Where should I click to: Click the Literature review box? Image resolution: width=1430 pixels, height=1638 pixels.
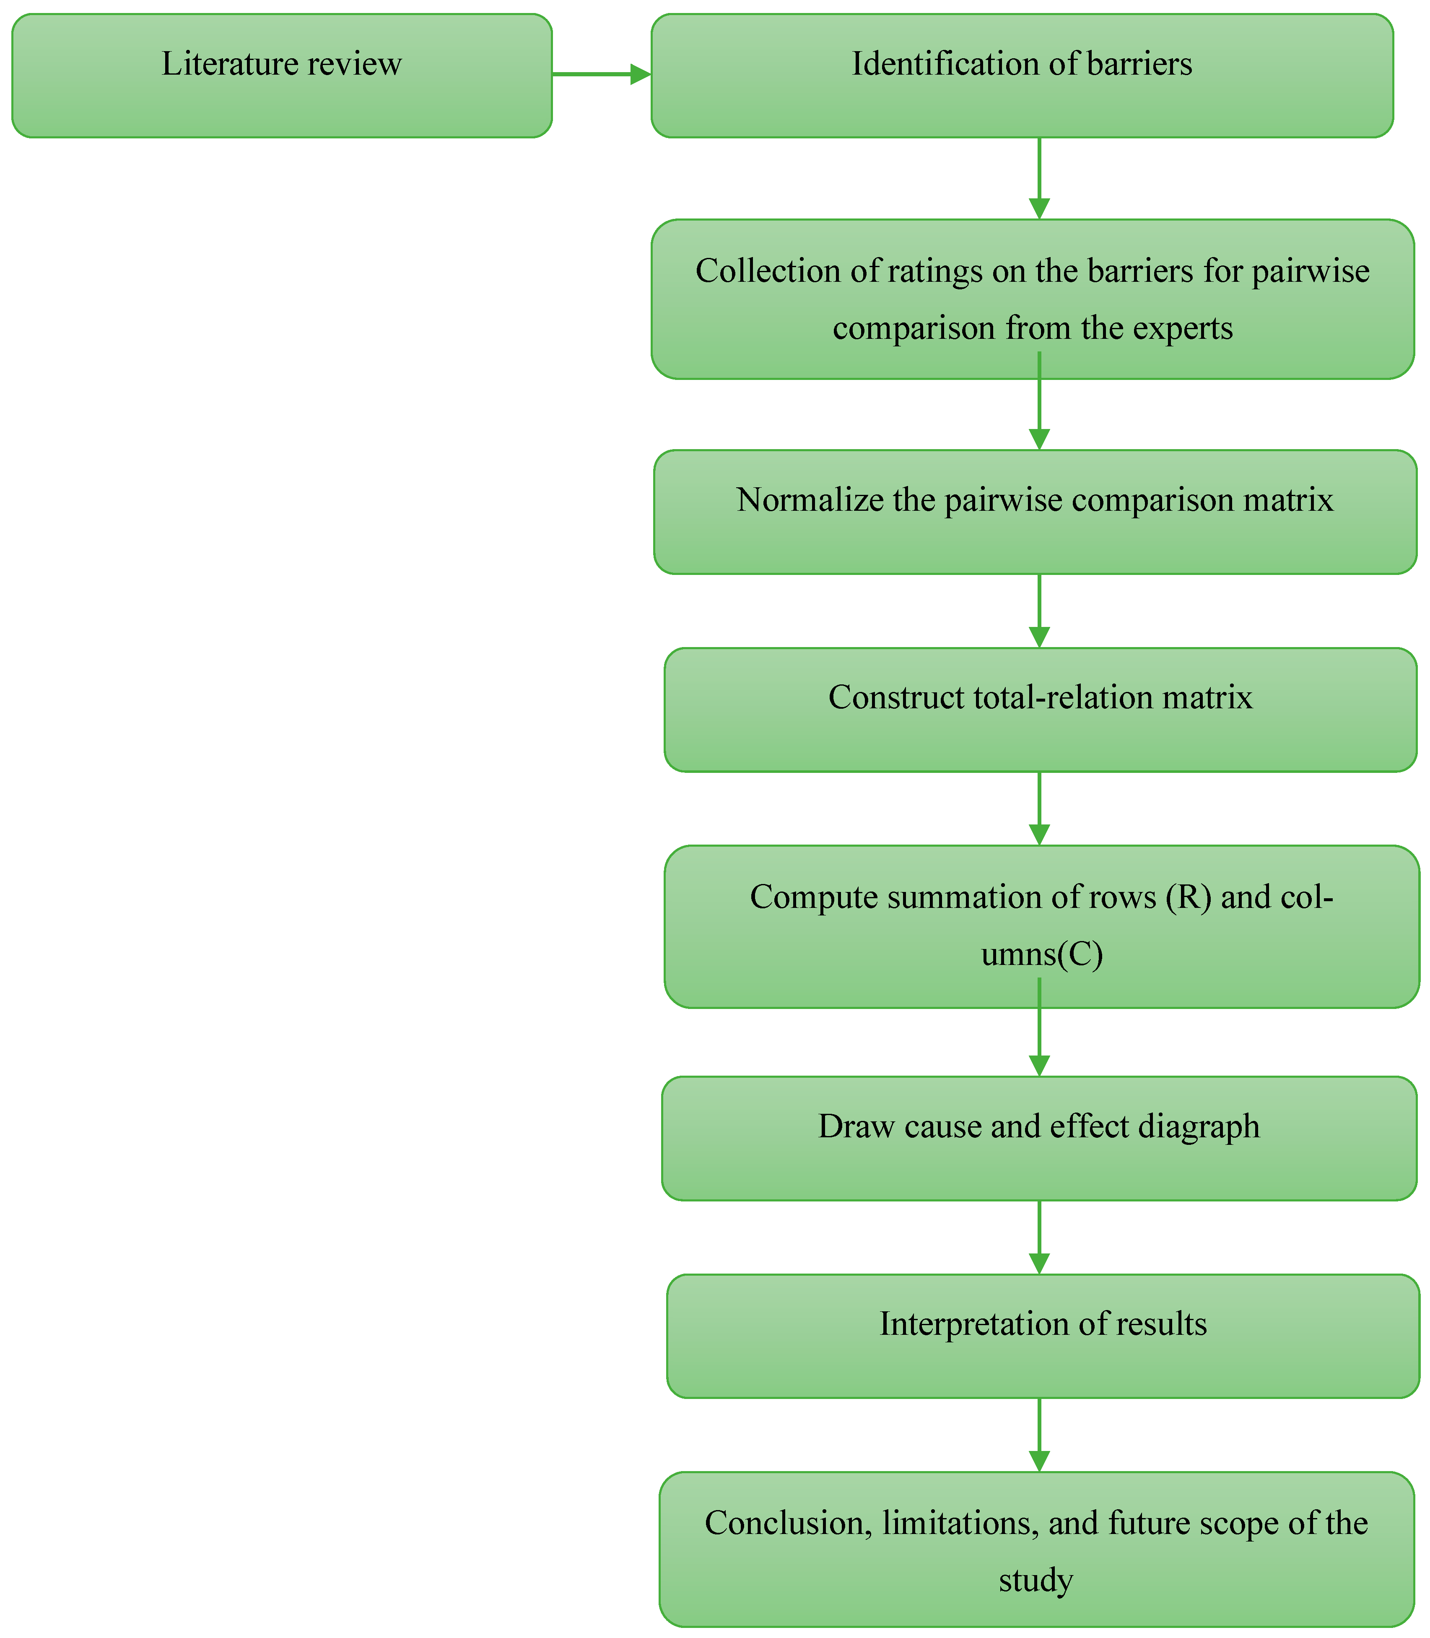(x=282, y=76)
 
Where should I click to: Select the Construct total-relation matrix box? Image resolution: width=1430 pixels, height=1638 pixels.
(x=1040, y=710)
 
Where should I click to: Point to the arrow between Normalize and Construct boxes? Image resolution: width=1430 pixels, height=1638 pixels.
(x=1039, y=611)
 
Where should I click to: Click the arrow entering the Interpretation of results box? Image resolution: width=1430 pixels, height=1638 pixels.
(x=1039, y=1237)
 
